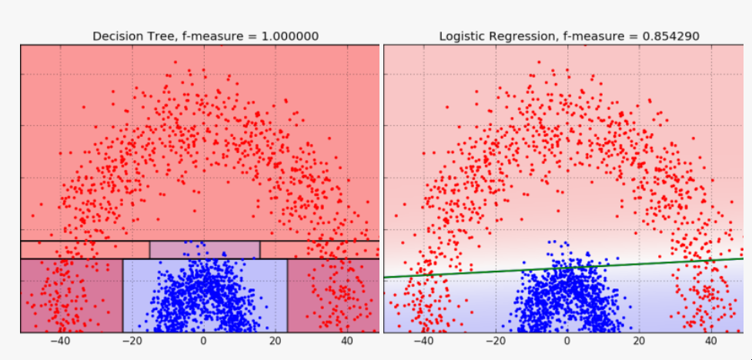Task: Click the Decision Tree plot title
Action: click(x=205, y=36)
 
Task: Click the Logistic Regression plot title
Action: click(x=569, y=36)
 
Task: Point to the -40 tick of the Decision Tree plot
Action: click(x=59, y=342)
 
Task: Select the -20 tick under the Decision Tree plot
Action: click(x=131, y=342)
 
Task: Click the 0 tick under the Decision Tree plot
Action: click(x=204, y=342)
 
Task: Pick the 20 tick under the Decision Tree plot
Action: click(x=275, y=342)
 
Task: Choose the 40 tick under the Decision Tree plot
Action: click(x=346, y=342)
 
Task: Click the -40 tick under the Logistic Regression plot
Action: click(x=423, y=342)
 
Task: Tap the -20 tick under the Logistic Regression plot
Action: click(x=495, y=342)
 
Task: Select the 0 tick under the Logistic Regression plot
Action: click(x=567, y=342)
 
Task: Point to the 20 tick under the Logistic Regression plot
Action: click(x=639, y=342)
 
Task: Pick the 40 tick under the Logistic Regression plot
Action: click(x=710, y=342)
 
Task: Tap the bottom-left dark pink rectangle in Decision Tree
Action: click(x=71, y=295)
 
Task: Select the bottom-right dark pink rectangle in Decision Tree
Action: click(x=333, y=295)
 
